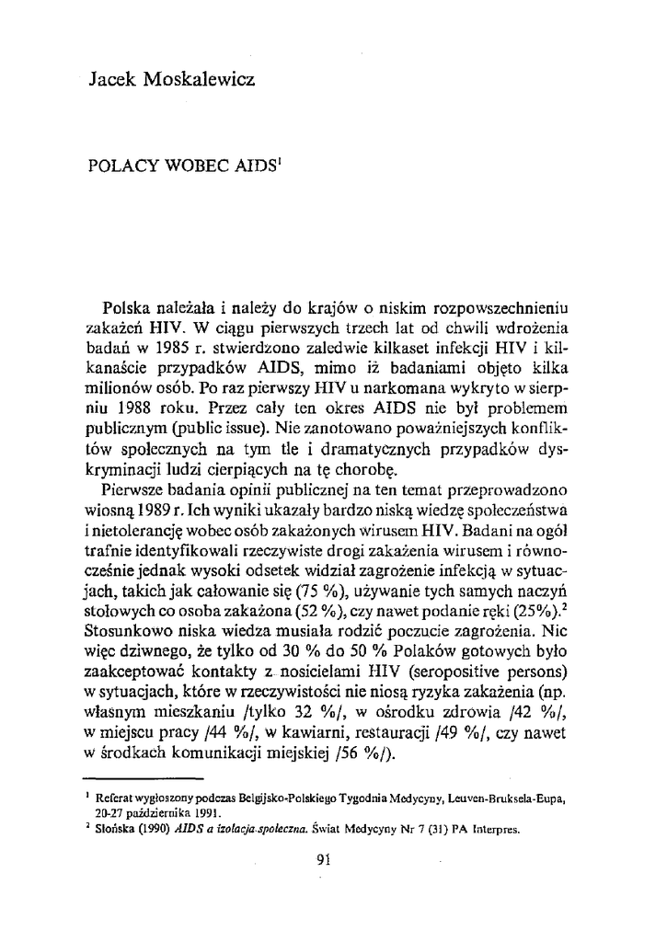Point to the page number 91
point(323,862)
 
